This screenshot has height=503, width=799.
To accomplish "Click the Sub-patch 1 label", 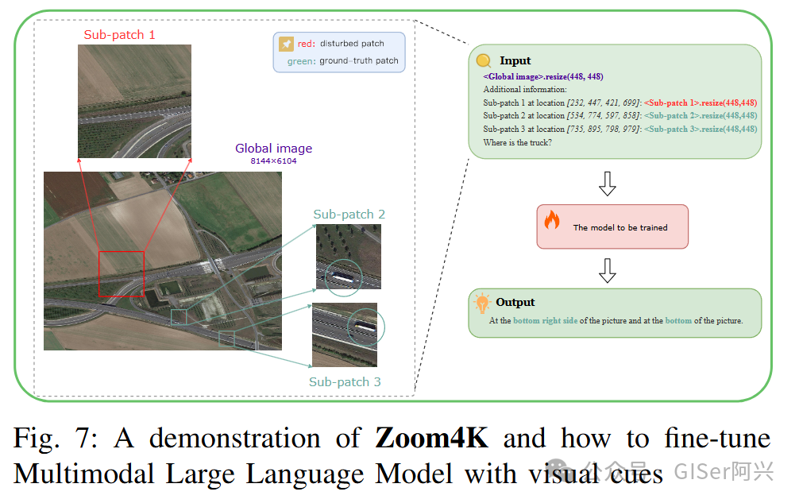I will pyautogui.click(x=119, y=35).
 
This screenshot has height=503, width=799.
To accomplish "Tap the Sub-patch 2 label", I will pyautogui.click(x=349, y=215).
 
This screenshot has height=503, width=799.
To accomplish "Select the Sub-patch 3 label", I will pyautogui.click(x=345, y=382).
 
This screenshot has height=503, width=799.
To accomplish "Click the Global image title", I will pyautogui.click(x=273, y=149).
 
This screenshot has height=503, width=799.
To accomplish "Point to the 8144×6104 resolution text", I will pyautogui.click(x=273, y=161).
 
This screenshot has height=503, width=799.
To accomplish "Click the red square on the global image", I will pyautogui.click(x=121, y=273).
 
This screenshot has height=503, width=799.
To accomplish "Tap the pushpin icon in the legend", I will pyautogui.click(x=284, y=44).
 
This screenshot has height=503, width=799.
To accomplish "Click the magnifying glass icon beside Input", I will pyautogui.click(x=483, y=60).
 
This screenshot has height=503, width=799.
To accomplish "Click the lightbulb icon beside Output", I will pyautogui.click(x=481, y=303).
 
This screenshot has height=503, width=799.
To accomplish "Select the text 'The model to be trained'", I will pyautogui.click(x=620, y=227).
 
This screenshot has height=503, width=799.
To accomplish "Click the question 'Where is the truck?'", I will pyautogui.click(x=517, y=142).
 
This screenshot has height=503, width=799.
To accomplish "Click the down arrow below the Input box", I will pyautogui.click(x=608, y=184).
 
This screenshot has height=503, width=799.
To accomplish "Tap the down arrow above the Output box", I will pyautogui.click(x=608, y=270).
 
